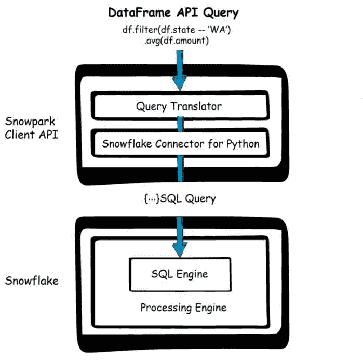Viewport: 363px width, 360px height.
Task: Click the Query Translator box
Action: pos(180,106)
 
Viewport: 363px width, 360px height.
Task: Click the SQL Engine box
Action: pos(180,274)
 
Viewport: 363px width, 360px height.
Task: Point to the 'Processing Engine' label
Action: pos(183,308)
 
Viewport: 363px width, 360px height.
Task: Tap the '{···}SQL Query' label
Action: pos(180,198)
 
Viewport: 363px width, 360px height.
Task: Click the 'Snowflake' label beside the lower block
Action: pos(31,281)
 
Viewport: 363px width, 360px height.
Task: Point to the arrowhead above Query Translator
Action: pos(180,83)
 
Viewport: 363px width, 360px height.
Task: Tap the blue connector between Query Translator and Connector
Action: pos(180,125)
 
